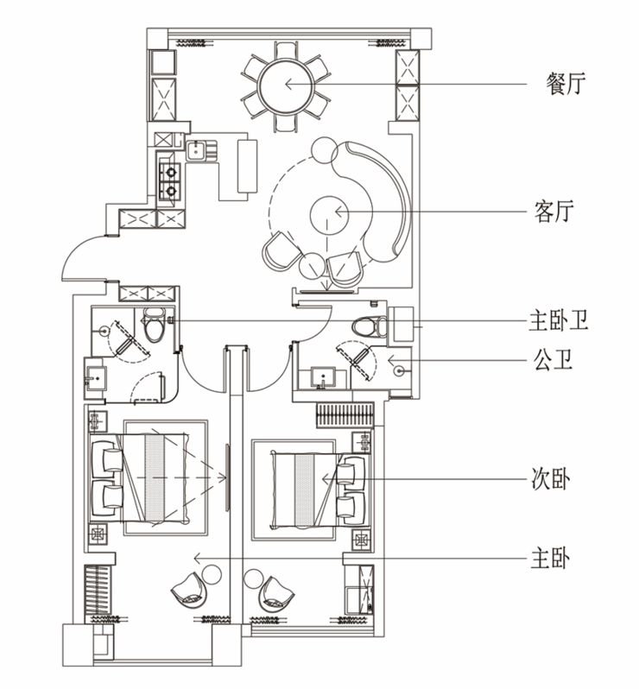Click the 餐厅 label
point(566,84)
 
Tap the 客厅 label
point(554,212)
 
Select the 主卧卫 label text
point(558,319)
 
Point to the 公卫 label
point(553,360)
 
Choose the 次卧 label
point(551,479)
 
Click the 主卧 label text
point(550,558)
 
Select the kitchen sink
point(195,150)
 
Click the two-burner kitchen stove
point(169,181)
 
